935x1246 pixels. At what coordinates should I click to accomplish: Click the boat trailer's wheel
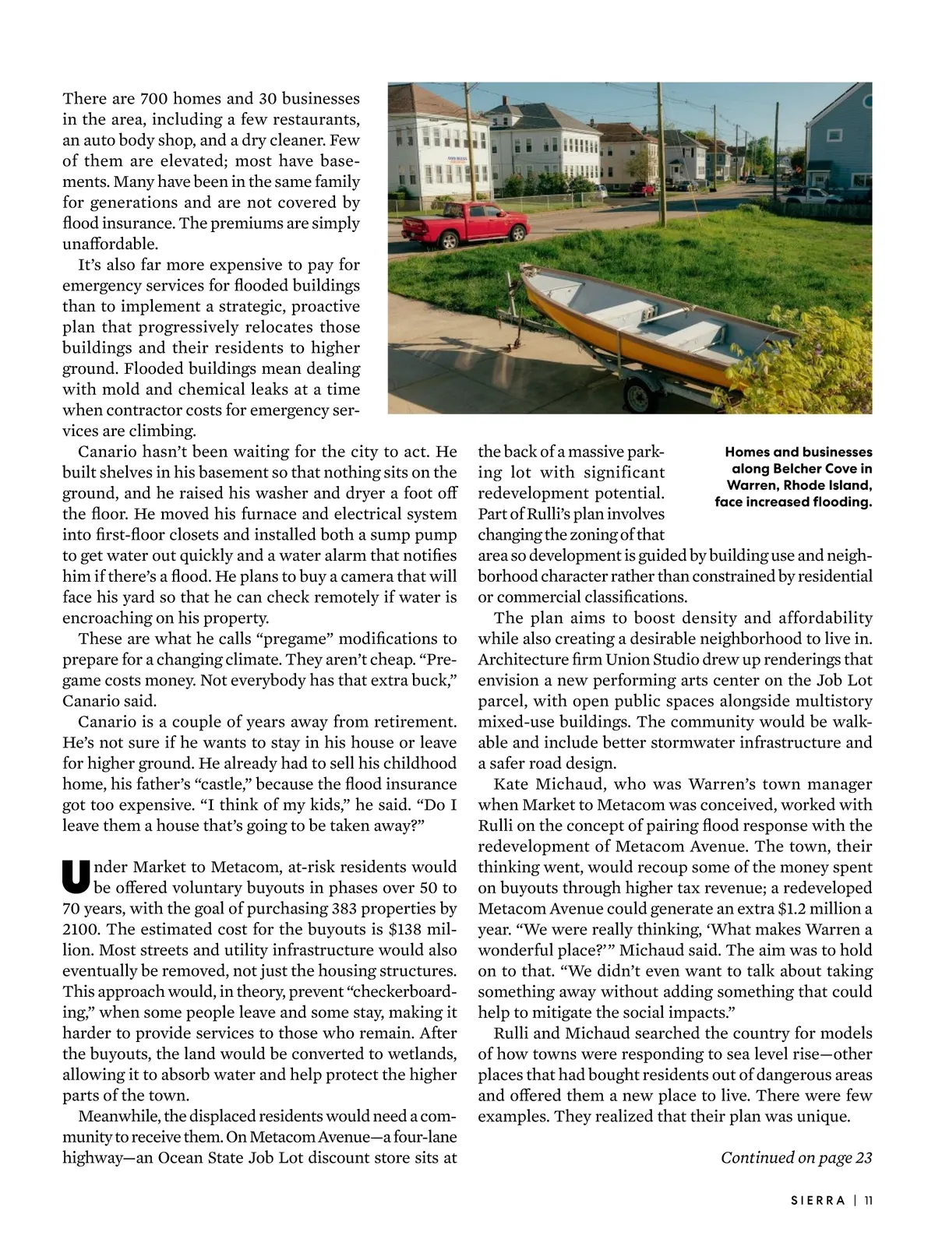click(639, 396)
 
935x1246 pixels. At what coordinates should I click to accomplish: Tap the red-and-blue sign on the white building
click(459, 160)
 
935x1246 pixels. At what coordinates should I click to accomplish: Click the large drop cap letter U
click(76, 876)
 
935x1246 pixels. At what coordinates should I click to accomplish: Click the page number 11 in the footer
click(868, 1200)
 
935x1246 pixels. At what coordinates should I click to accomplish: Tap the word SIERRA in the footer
click(818, 1200)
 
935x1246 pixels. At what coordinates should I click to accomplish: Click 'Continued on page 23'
click(796, 1157)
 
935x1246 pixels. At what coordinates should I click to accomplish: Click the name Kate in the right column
click(511, 783)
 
